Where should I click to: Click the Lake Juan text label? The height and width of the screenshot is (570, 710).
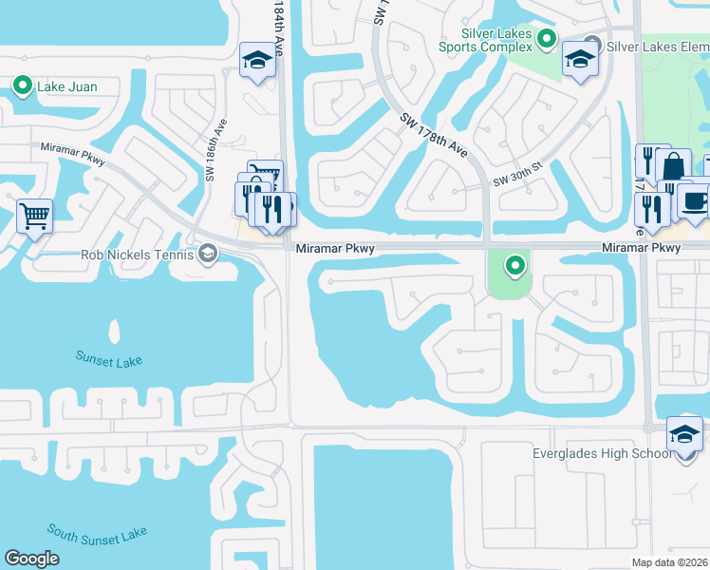click(66, 87)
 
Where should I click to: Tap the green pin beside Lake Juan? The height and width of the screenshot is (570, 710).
click(24, 86)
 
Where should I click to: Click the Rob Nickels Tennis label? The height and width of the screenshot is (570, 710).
click(136, 254)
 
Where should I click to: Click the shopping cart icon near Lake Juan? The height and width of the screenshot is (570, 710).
click(34, 216)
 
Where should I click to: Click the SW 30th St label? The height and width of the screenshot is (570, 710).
click(517, 175)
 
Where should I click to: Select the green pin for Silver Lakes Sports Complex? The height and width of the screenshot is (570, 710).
click(546, 39)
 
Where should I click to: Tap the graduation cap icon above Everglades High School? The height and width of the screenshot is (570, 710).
click(684, 433)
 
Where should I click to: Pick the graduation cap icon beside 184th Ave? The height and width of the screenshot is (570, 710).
click(256, 60)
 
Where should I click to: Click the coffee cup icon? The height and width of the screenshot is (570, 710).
click(694, 201)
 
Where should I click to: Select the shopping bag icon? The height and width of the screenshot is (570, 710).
click(673, 165)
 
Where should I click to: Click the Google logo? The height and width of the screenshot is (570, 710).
click(31, 559)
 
